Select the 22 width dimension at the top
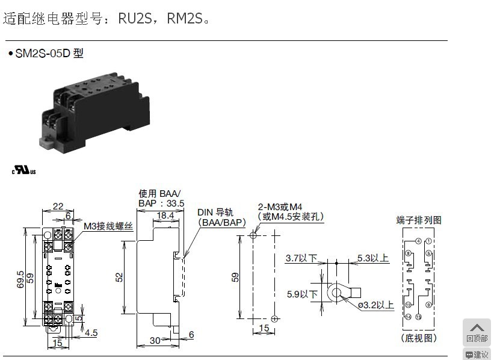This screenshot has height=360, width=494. click(x=58, y=206)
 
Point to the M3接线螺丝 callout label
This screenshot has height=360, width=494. click(x=108, y=226)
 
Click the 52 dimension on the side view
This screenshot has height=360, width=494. click(x=119, y=276)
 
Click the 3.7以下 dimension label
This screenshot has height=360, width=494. click(x=301, y=258)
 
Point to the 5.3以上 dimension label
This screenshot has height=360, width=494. click(x=373, y=258)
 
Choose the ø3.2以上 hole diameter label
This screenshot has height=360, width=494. click(x=375, y=305)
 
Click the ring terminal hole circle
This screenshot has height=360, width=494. click(x=336, y=293)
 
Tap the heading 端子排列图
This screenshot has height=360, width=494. click(x=419, y=220)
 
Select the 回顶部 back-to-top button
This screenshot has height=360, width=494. click(x=477, y=332)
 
